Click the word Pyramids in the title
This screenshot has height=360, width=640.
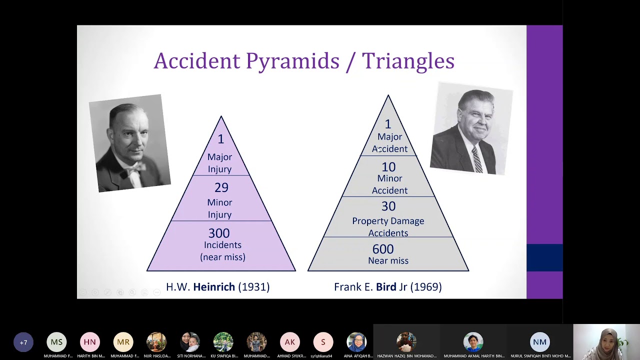(x=292, y=61)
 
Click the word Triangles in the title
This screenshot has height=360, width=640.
(x=408, y=61)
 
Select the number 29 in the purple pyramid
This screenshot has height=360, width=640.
(x=221, y=187)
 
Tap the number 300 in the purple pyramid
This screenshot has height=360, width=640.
(x=219, y=233)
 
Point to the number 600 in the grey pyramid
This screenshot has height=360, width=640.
(x=383, y=249)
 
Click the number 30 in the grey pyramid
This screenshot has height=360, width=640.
(x=388, y=206)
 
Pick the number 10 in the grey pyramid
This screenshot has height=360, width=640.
(x=388, y=167)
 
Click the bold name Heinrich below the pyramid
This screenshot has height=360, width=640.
(x=214, y=287)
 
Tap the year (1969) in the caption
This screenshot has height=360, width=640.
(x=426, y=287)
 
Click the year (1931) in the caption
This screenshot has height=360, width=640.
(x=254, y=287)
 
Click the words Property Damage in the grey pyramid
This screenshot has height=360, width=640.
(x=388, y=221)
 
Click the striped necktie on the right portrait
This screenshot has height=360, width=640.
(x=477, y=159)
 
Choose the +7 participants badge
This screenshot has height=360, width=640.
(x=23, y=342)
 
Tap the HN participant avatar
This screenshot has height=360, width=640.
(x=90, y=342)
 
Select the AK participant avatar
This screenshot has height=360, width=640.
(x=290, y=342)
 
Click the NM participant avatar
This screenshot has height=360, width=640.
(x=540, y=342)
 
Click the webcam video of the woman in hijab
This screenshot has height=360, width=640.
(x=606, y=342)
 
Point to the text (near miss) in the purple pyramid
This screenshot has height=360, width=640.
(x=222, y=257)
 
